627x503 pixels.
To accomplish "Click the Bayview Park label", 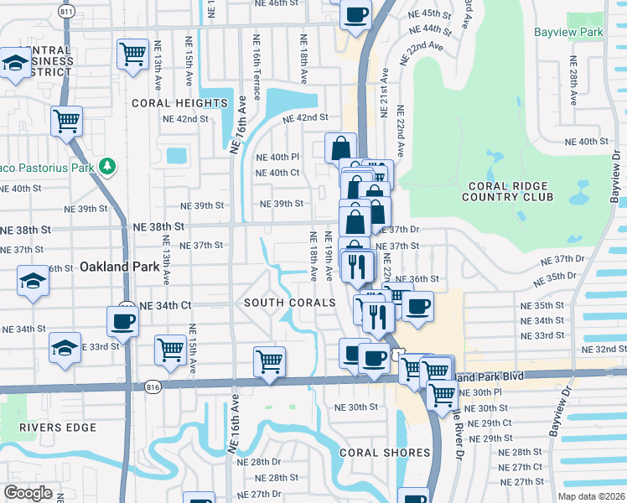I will coord(567,33).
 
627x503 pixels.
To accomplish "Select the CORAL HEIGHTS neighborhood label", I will coord(179,103).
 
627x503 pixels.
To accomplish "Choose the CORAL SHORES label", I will coord(384,453).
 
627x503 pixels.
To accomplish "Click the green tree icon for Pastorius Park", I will coord(106,166).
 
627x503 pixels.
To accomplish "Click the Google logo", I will coord(27,493).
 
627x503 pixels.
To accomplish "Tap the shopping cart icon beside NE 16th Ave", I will coord(269,362).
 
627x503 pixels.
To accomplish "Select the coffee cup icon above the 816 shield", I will coord(122,320).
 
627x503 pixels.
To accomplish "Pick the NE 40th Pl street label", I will coord(277,157).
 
